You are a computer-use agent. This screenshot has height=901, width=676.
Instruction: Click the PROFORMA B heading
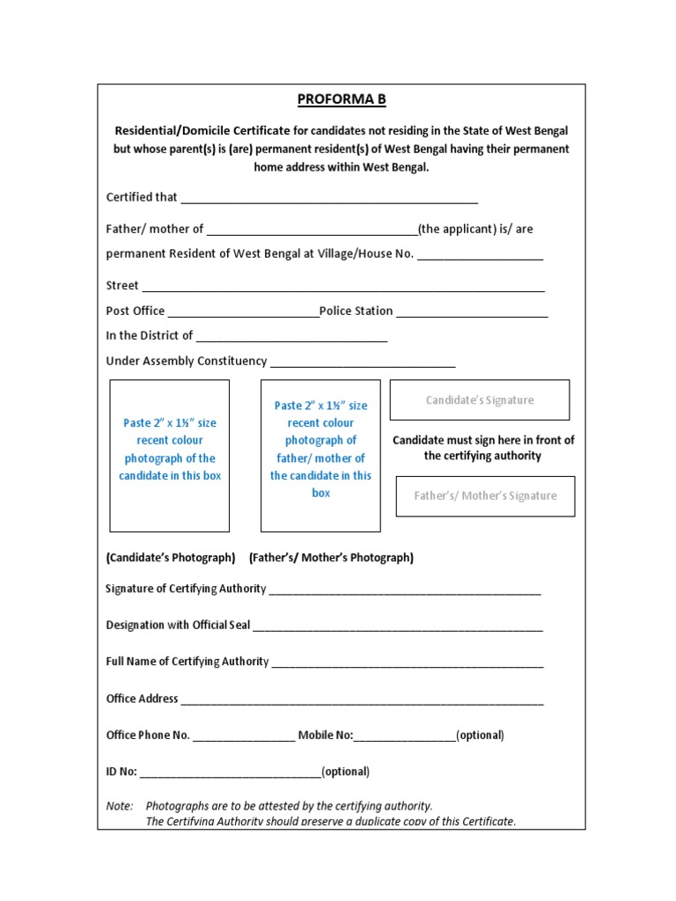pyautogui.click(x=341, y=99)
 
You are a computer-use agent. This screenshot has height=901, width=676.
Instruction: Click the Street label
pyautogui.click(x=122, y=286)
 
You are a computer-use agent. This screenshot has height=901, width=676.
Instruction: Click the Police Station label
pyautogui.click(x=356, y=311)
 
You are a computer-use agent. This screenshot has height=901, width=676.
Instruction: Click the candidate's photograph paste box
pyautogui.click(x=169, y=456)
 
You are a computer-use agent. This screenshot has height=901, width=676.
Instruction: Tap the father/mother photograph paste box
pyautogui.click(x=320, y=456)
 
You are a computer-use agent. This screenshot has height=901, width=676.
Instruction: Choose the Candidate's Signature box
pyautogui.click(x=480, y=400)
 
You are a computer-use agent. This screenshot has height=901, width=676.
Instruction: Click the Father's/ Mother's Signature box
pyautogui.click(x=485, y=496)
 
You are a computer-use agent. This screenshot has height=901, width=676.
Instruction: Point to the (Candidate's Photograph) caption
pyautogui.click(x=171, y=558)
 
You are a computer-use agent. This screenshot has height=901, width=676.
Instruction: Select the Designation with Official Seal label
pyautogui.click(x=178, y=626)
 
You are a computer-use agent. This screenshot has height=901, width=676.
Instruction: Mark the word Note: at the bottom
pyautogui.click(x=120, y=806)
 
